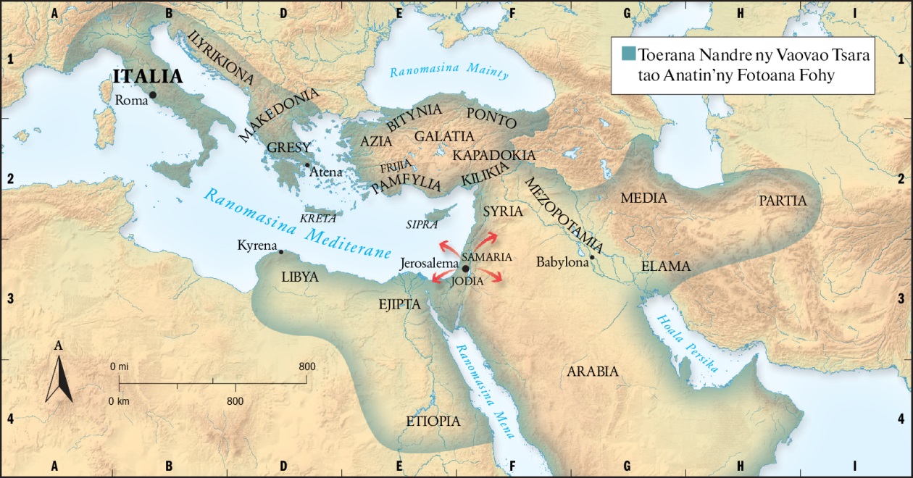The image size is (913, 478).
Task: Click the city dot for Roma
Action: [x=153, y=95]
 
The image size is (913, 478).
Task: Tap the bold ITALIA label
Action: [x=147, y=77]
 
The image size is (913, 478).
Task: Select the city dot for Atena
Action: [x=307, y=165]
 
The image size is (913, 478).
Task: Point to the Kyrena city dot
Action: [x=281, y=252]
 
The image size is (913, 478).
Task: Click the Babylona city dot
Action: [x=592, y=257]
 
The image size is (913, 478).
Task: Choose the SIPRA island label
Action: [x=422, y=225]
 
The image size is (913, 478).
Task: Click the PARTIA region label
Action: [x=783, y=201]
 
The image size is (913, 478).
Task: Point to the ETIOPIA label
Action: [x=433, y=421]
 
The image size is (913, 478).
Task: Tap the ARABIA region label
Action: [x=593, y=372]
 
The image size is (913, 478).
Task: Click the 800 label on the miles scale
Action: [x=307, y=367]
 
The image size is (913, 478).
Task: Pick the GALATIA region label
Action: [x=444, y=136]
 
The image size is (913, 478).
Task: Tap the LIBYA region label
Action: [x=301, y=276]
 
